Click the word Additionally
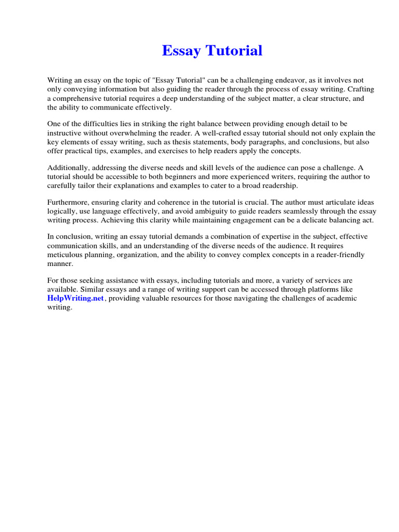pos(69,168)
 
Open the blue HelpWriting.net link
pos(76,299)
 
